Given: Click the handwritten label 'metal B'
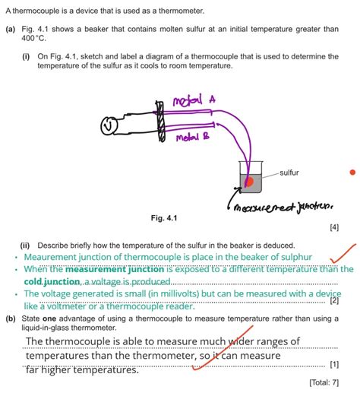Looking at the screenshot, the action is click(x=194, y=138).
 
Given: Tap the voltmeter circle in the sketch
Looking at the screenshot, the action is click(x=111, y=123).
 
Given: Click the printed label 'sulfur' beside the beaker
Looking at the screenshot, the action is click(x=289, y=173).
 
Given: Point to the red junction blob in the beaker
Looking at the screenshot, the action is click(x=248, y=181).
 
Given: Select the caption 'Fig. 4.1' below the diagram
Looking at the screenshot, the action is click(x=163, y=218).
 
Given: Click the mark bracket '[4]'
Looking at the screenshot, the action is click(x=334, y=227).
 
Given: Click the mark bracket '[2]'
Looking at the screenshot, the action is click(x=334, y=300).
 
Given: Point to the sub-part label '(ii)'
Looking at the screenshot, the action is click(x=26, y=246).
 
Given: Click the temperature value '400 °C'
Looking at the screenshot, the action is click(x=35, y=38).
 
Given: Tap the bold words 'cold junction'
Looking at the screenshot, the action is click(x=52, y=281).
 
